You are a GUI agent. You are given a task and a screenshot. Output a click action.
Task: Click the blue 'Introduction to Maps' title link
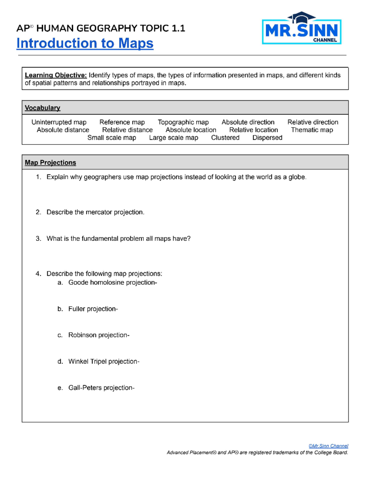(x=85, y=43)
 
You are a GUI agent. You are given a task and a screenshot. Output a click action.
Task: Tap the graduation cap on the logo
(x=301, y=17)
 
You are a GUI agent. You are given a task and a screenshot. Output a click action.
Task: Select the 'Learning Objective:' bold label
(x=56, y=75)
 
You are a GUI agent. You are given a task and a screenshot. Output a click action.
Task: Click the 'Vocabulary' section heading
(x=43, y=108)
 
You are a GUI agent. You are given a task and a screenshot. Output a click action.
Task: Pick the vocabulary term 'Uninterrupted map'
(x=59, y=122)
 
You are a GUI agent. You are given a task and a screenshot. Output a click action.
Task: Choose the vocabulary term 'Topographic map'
(x=183, y=122)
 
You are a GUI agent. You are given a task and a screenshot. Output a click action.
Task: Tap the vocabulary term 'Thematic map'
(x=312, y=130)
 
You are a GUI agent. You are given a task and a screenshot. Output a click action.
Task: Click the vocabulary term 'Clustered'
(x=225, y=138)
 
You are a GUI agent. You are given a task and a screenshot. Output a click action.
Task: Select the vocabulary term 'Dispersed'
(x=267, y=138)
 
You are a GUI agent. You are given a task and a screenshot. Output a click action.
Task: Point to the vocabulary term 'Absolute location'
(x=191, y=130)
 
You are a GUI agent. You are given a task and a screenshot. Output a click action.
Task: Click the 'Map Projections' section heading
(x=51, y=163)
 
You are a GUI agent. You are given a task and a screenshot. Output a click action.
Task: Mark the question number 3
(x=38, y=239)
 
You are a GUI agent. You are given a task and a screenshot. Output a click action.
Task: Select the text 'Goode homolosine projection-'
(x=113, y=283)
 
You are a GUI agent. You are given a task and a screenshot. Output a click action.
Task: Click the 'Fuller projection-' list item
(x=93, y=309)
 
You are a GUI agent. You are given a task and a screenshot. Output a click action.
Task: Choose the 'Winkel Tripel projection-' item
(x=104, y=361)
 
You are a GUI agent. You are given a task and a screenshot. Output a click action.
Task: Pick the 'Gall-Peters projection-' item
(x=101, y=388)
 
